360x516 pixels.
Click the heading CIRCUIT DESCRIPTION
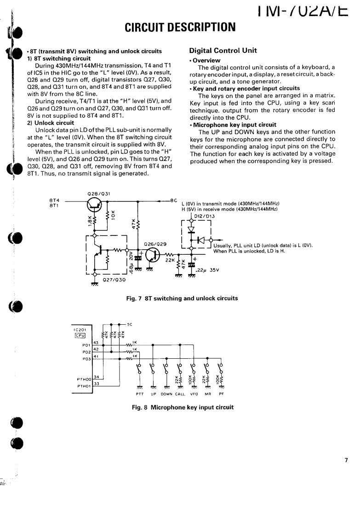180,27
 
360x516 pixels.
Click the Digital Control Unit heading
223,51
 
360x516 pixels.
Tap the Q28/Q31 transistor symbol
96,207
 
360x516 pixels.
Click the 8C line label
174,200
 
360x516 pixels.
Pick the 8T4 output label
53,200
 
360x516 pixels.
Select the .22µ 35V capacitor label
210,270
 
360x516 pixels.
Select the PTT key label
140,394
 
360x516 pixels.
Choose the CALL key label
180,394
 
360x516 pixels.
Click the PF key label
221,394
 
